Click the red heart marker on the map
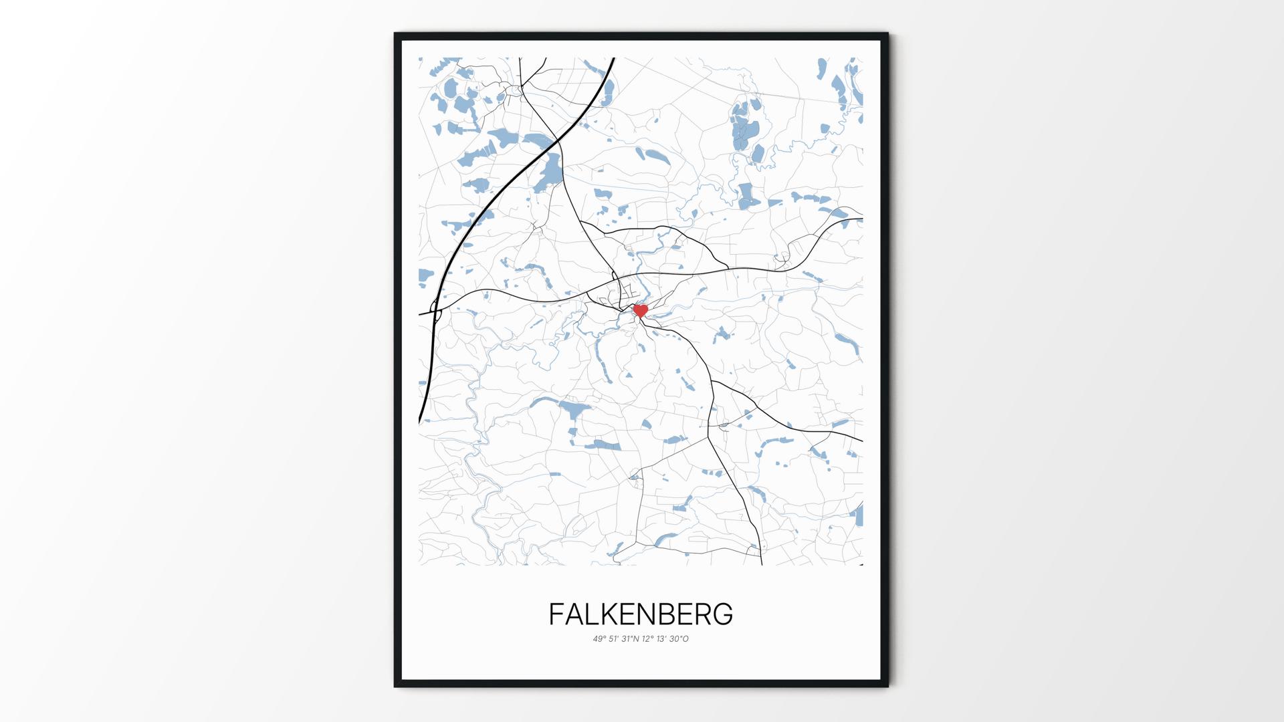pos(641,311)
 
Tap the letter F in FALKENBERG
pos(556,614)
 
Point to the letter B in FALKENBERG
pos(677,614)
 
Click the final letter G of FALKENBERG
pos(723,614)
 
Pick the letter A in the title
pos(574,614)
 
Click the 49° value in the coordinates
pos(599,639)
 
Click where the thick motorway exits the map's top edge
pos(613,59)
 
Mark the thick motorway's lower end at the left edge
pos(421,421)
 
